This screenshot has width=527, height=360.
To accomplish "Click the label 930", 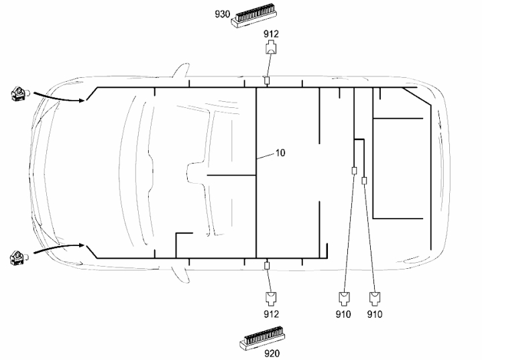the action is tap(222, 14).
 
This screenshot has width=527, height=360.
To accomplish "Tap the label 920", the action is tap(272, 353).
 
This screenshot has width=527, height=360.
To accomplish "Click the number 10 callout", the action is tap(280, 153).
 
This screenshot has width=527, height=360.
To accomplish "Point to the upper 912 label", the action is tap(271, 34).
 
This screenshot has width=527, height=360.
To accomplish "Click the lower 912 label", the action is tap(271, 314).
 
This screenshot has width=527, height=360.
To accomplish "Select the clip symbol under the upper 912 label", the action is tap(271, 48).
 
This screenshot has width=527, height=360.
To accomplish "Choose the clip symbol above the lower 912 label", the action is tap(271, 298).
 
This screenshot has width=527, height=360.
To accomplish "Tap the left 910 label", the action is tap(343, 314).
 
